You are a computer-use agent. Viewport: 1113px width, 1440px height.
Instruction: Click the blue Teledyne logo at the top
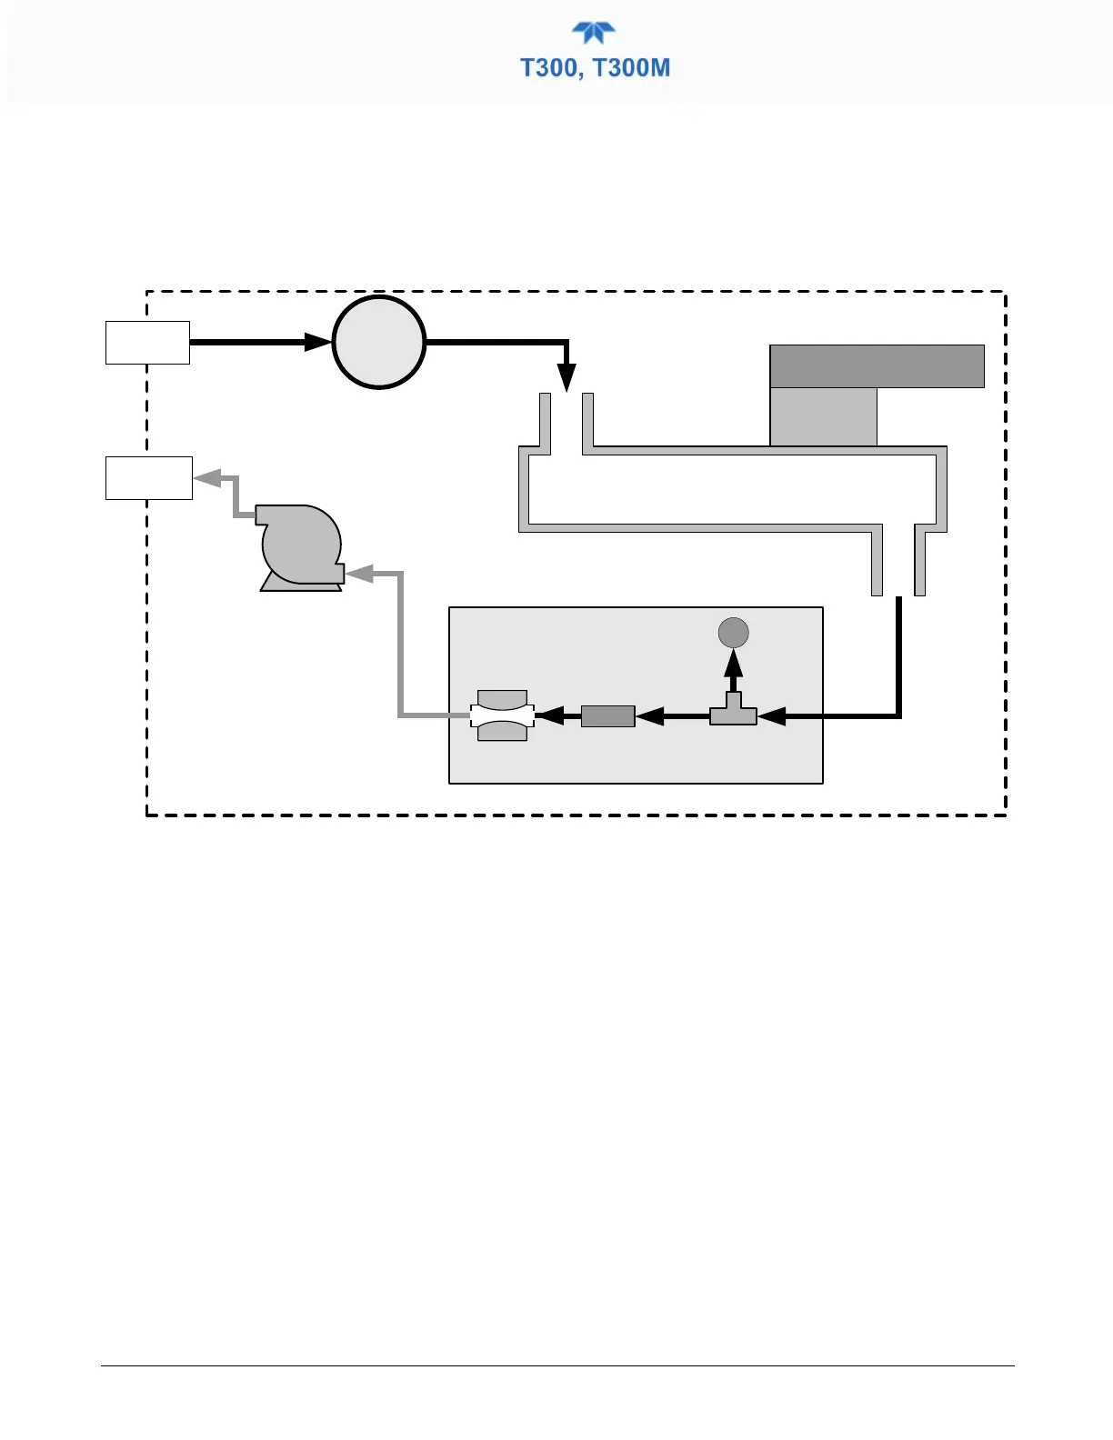[x=594, y=33]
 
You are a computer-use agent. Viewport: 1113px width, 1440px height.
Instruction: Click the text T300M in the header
[x=632, y=68]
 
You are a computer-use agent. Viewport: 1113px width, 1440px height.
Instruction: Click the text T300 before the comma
[x=548, y=68]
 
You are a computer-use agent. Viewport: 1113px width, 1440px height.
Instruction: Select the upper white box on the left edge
[x=147, y=343]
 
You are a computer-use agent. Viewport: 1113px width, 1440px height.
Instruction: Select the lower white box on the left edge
[x=148, y=478]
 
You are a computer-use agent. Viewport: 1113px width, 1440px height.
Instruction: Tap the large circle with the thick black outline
[x=379, y=343]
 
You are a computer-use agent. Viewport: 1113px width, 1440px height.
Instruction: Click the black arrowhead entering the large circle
[x=317, y=343]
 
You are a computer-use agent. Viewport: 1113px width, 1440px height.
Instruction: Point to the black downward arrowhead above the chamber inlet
[x=567, y=377]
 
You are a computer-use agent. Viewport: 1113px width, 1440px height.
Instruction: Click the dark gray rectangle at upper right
[x=877, y=366]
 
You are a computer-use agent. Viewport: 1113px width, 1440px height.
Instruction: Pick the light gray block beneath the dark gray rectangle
[x=823, y=416]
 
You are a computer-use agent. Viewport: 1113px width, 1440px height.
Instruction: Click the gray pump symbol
[x=300, y=547]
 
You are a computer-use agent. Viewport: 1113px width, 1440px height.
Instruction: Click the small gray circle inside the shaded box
[x=733, y=633]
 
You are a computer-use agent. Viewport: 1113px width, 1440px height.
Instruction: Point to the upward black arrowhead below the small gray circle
[x=733, y=664]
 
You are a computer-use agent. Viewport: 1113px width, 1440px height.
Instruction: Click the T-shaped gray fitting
[x=733, y=713]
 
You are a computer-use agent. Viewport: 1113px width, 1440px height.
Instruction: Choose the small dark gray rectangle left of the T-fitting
[x=607, y=716]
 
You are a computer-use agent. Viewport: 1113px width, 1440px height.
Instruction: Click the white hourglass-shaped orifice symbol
[x=502, y=716]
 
